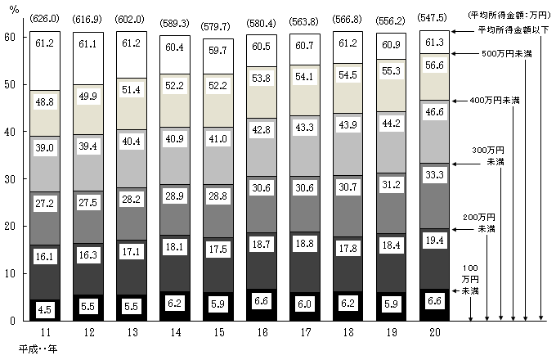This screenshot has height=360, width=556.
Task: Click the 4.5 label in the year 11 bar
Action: (45, 309)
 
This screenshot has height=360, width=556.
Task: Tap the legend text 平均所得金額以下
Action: (516, 29)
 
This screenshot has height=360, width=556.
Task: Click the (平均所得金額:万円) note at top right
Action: (510, 16)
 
